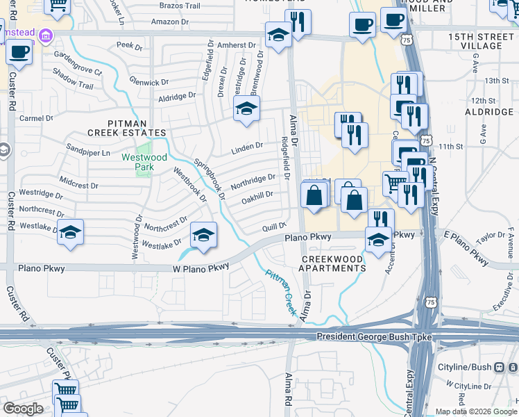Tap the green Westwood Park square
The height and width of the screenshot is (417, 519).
coord(144,148)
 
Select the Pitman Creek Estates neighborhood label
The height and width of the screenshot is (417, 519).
coord(126,132)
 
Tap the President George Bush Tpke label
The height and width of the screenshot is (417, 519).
coord(374,337)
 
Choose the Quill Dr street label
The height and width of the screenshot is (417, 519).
coord(274,227)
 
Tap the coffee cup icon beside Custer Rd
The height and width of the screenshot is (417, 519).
coord(19,53)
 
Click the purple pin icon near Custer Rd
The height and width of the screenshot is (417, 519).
coord(45,35)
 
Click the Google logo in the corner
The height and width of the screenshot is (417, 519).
coord(23,409)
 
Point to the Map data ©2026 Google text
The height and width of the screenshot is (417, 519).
coord(476,411)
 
